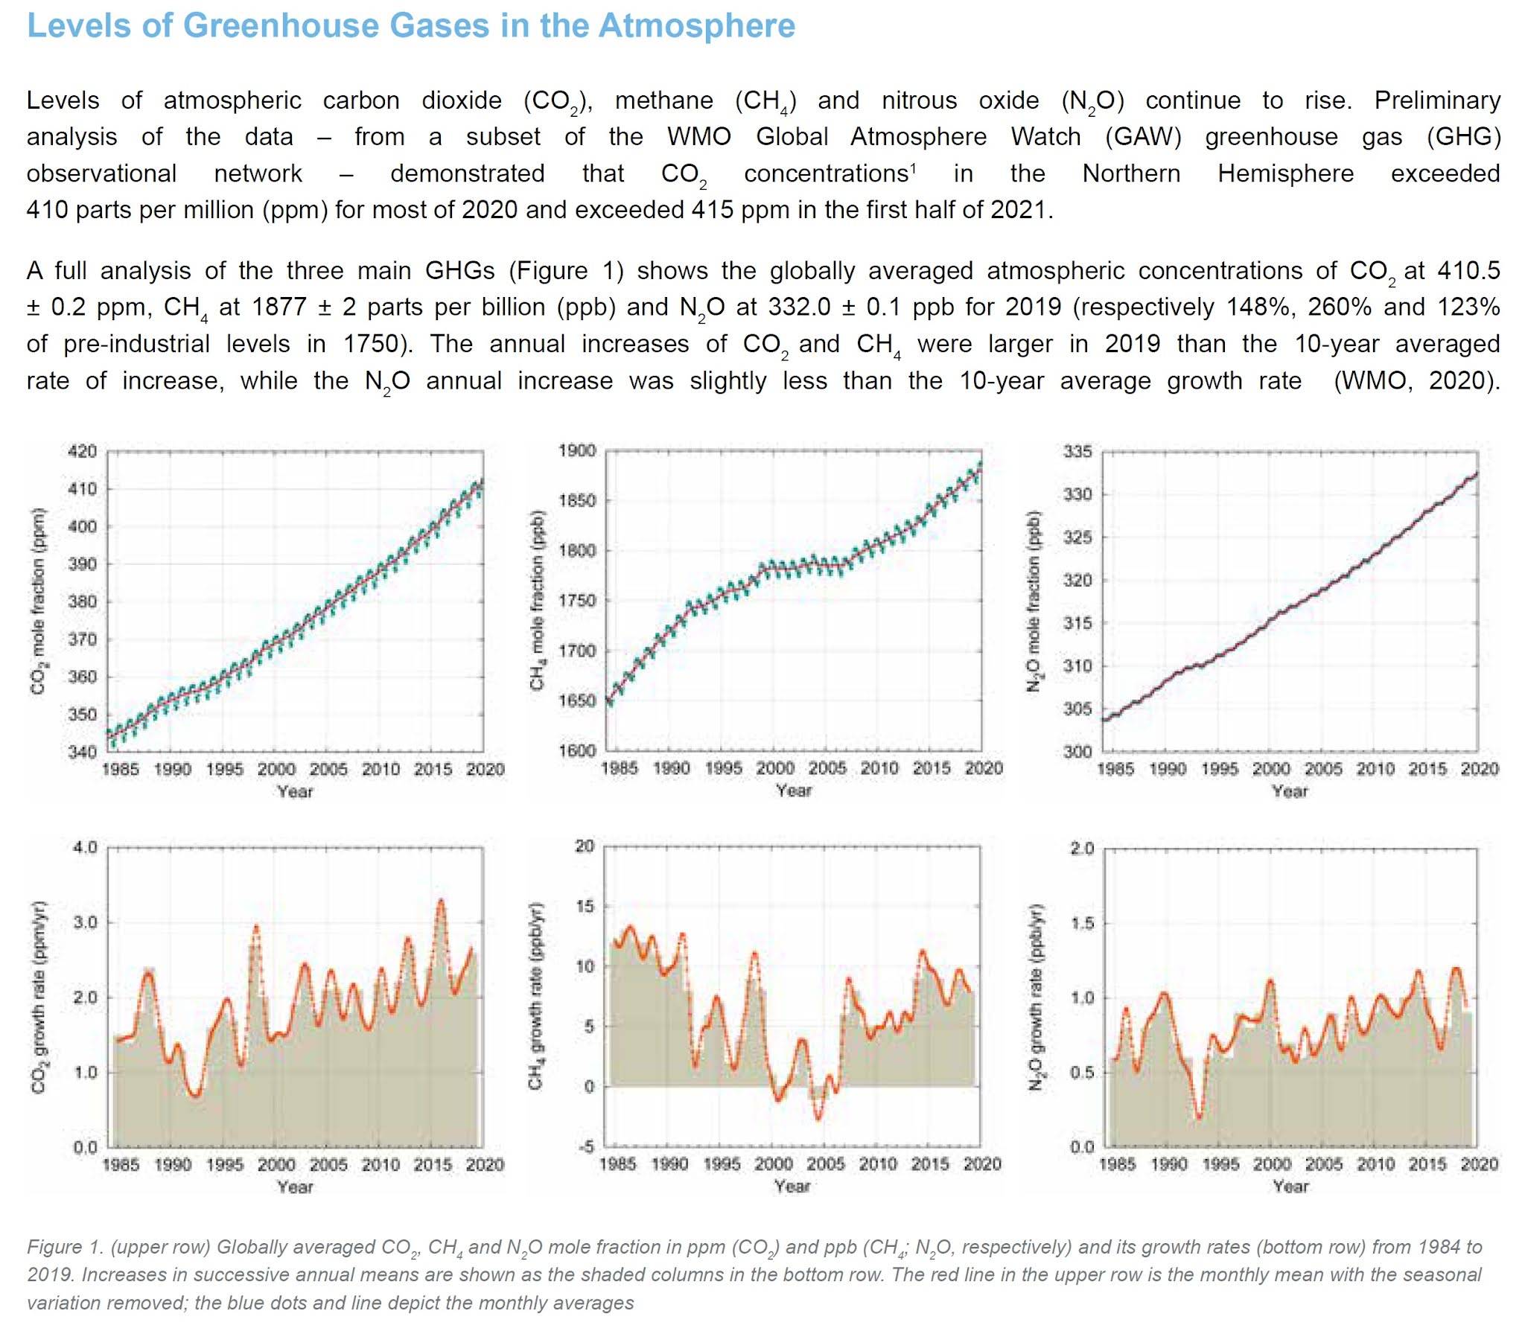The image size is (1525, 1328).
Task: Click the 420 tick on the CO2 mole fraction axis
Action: point(83,452)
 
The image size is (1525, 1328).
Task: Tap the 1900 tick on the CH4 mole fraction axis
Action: point(577,451)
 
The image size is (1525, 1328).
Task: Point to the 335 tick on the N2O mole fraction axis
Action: point(1077,452)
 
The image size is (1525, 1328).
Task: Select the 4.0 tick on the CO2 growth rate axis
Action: point(85,848)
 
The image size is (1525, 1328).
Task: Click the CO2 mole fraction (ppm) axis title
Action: point(37,601)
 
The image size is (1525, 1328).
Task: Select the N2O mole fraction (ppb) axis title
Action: point(1034,601)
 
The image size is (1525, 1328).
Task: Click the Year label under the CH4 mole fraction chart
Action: point(794,791)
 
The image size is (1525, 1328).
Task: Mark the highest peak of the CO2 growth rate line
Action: point(441,901)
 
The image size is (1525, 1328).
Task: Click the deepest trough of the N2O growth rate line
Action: point(1199,1117)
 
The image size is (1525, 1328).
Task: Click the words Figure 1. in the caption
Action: point(65,1247)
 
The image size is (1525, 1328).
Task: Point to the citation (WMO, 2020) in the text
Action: point(1415,380)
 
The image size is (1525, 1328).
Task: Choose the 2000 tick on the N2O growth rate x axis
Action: point(1272,1164)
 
